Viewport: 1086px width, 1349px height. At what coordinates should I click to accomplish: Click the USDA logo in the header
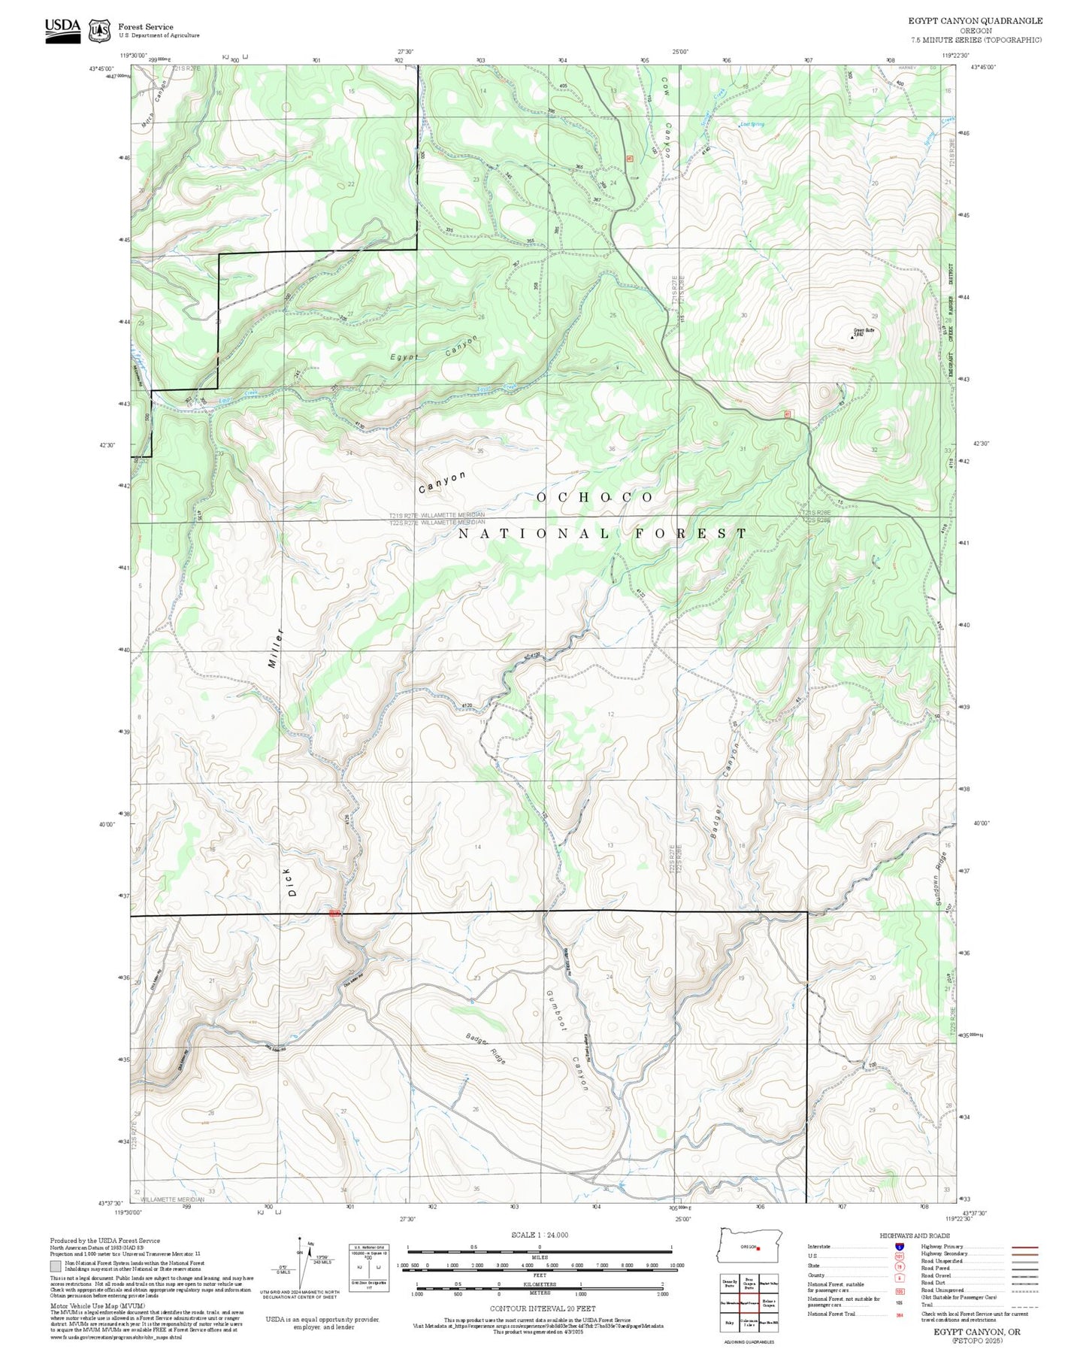click(x=62, y=30)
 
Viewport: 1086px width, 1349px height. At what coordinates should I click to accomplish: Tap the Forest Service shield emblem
click(x=98, y=31)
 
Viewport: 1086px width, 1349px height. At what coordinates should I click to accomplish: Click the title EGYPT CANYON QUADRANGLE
click(x=975, y=21)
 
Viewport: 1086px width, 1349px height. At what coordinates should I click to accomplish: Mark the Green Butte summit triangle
click(x=852, y=338)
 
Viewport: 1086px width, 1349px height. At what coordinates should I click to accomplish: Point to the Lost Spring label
click(x=752, y=125)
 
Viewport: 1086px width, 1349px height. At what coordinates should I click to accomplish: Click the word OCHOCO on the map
click(x=594, y=498)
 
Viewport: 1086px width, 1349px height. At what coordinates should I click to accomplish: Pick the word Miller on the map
click(x=275, y=649)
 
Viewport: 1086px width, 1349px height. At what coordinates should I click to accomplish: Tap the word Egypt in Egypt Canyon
click(x=404, y=356)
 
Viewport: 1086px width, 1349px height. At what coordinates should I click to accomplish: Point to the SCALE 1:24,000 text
click(x=539, y=1235)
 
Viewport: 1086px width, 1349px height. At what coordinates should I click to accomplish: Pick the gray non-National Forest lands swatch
click(x=56, y=1266)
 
